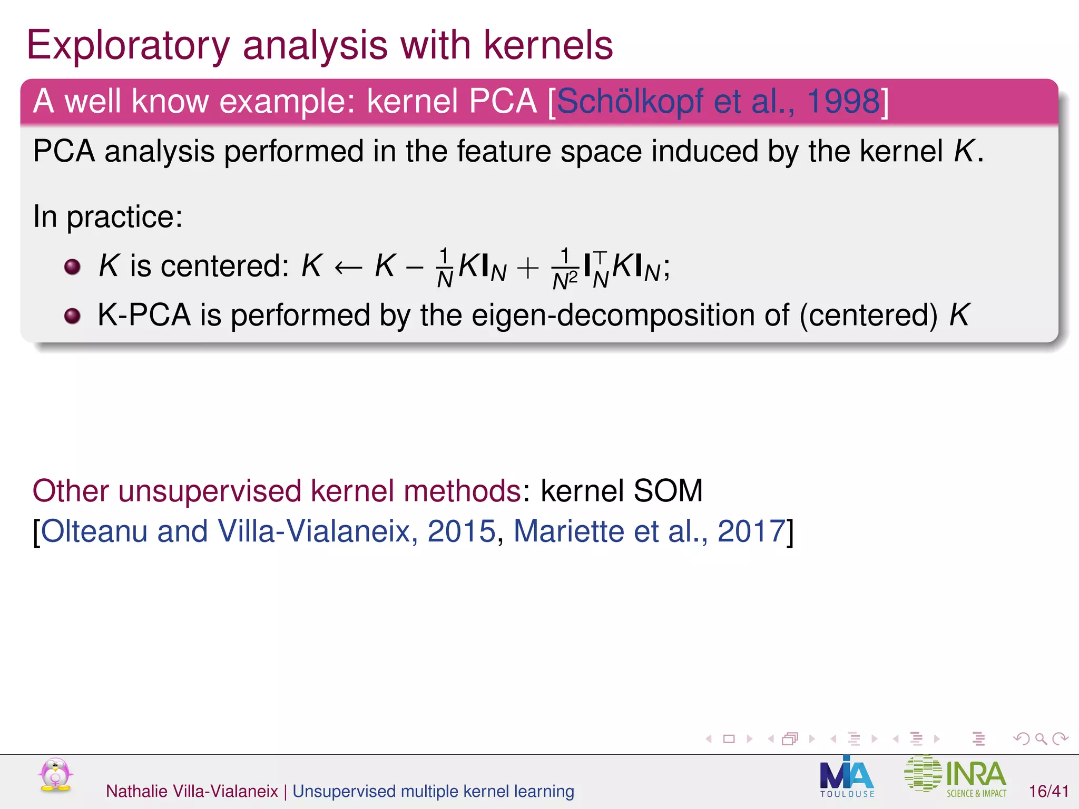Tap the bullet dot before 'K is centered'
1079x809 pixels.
(72, 267)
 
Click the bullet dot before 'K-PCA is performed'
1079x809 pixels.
(72, 316)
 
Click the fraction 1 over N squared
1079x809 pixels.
(565, 269)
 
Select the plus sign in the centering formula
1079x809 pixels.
(527, 268)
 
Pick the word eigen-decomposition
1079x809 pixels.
(630, 316)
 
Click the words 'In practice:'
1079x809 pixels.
(108, 216)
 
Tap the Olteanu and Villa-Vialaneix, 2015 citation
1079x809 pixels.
(268, 531)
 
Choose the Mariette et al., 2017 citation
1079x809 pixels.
(650, 531)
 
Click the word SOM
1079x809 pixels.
(668, 491)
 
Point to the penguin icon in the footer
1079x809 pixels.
(55, 775)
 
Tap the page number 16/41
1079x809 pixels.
(1048, 791)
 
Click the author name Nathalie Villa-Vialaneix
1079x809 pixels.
(192, 791)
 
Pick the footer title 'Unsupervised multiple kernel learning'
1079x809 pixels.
(433, 791)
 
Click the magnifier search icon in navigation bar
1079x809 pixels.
(1041, 739)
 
